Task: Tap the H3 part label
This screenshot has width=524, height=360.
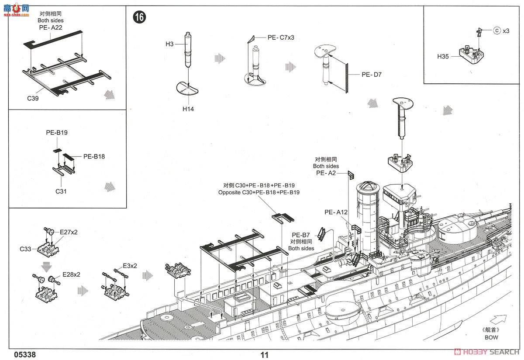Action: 169,44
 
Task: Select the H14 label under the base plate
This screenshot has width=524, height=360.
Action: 188,109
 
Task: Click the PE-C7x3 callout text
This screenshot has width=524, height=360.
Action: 281,38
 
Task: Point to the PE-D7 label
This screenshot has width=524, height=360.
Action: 371,75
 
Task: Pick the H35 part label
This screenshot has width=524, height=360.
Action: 443,56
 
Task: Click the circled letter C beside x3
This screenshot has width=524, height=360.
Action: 496,31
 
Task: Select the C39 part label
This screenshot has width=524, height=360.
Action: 33,98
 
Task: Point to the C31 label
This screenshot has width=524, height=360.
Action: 61,191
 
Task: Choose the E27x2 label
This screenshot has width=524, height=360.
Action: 69,232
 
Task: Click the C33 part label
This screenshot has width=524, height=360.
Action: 25,249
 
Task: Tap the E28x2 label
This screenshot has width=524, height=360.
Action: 71,274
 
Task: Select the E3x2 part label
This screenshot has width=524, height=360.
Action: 130,265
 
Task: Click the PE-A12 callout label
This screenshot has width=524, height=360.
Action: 336,212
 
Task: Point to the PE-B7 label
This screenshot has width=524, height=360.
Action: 301,234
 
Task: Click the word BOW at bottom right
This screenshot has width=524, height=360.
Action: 491,337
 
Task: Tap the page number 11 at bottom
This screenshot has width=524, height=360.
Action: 264,355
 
